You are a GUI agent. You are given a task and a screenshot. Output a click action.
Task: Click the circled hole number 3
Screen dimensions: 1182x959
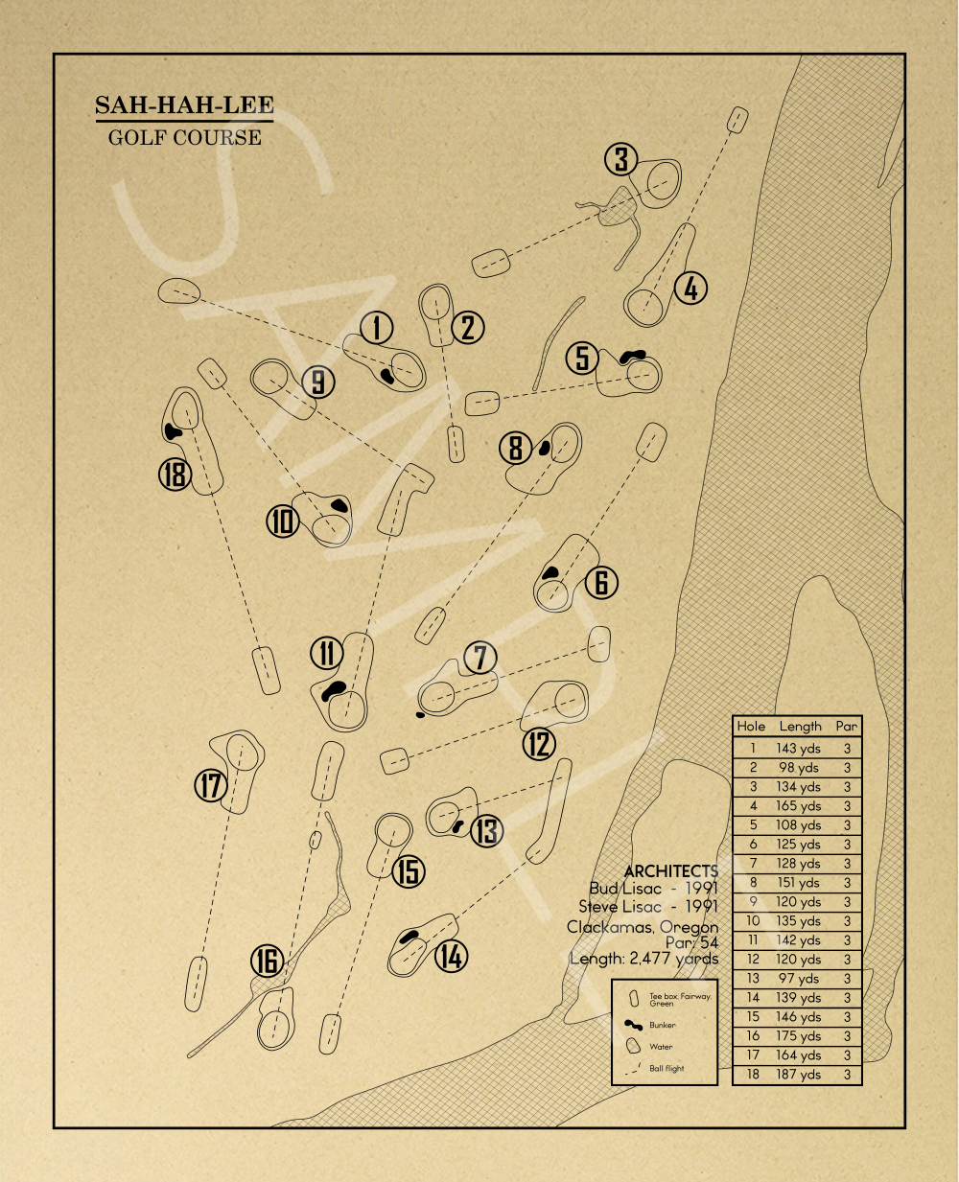(x=621, y=159)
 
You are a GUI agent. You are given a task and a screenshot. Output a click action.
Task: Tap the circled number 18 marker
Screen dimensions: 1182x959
(x=175, y=474)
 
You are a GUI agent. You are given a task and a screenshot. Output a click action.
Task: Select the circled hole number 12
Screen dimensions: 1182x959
(x=539, y=744)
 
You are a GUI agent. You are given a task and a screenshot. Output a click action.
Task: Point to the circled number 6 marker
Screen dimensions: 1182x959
(x=601, y=582)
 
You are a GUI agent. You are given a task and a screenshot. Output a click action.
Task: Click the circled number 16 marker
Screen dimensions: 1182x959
(x=268, y=961)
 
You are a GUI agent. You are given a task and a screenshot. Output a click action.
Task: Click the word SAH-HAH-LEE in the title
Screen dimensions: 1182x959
(x=184, y=105)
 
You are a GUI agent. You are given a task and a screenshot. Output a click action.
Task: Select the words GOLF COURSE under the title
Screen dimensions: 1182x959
(x=184, y=137)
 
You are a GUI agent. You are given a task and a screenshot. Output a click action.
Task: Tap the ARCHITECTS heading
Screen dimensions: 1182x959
(x=670, y=870)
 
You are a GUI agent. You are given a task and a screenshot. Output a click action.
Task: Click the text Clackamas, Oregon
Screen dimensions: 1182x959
(x=642, y=927)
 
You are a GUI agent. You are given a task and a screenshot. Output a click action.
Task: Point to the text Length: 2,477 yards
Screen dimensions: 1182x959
(x=643, y=959)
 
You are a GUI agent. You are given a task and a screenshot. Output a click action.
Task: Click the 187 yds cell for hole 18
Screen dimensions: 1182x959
(x=798, y=1075)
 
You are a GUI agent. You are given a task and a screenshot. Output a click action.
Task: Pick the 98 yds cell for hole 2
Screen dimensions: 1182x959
(x=798, y=768)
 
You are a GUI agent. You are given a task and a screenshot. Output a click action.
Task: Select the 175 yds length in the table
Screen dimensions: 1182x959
(x=798, y=1036)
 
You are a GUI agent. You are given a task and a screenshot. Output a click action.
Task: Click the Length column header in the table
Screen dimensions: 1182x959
(x=800, y=727)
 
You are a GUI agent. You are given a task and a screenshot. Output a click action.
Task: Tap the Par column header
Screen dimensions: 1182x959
(x=846, y=727)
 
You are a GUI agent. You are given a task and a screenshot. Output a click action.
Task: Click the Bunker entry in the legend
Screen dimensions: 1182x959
(x=662, y=1025)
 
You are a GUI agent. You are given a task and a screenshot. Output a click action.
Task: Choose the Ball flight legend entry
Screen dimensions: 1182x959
(x=667, y=1068)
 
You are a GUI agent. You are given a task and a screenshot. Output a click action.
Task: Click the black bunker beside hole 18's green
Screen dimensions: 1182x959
(x=174, y=431)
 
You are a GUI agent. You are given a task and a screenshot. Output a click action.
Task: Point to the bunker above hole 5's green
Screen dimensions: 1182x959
(x=633, y=357)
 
